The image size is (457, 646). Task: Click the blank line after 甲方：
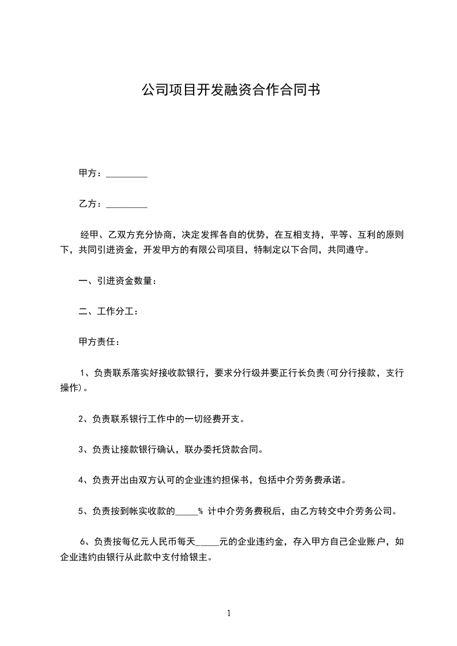click(x=127, y=173)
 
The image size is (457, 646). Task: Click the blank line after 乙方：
click(x=127, y=204)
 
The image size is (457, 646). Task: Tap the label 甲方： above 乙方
click(x=91, y=173)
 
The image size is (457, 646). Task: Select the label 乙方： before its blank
click(x=91, y=204)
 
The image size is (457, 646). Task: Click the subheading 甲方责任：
click(x=100, y=342)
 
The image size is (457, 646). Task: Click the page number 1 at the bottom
click(x=229, y=613)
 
